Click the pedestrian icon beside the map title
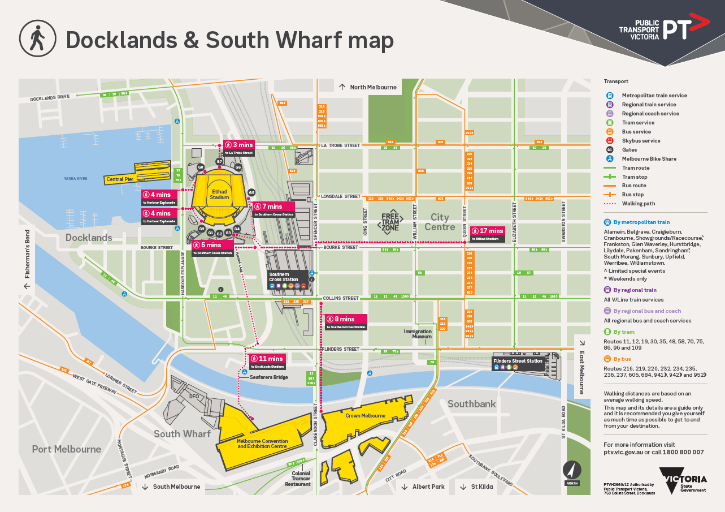(x=38, y=39)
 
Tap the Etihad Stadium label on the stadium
(x=219, y=194)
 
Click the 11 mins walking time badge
(x=267, y=359)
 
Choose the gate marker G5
(x=251, y=192)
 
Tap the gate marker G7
(x=219, y=162)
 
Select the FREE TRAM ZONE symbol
(x=390, y=221)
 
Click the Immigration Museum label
(x=418, y=334)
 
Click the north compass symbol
(x=572, y=471)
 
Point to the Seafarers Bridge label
(x=268, y=377)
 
